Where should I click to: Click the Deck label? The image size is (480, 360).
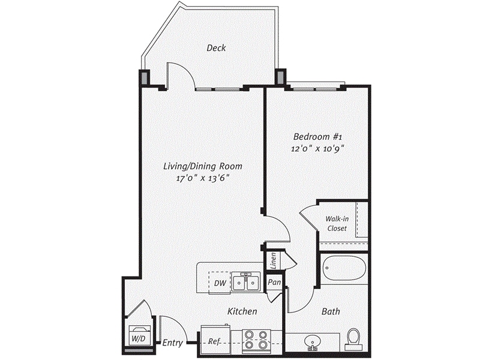coord(216,48)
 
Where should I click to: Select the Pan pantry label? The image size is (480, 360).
coord(274,281)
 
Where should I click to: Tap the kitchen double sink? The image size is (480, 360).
coord(246,281)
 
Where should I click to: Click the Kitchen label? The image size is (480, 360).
coord(242,311)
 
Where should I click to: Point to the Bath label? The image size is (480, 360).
coord(331,311)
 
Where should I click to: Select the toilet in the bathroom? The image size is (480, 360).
coord(353,338)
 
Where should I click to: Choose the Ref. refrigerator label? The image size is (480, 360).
coord(214,341)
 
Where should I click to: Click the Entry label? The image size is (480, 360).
coord(172,343)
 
